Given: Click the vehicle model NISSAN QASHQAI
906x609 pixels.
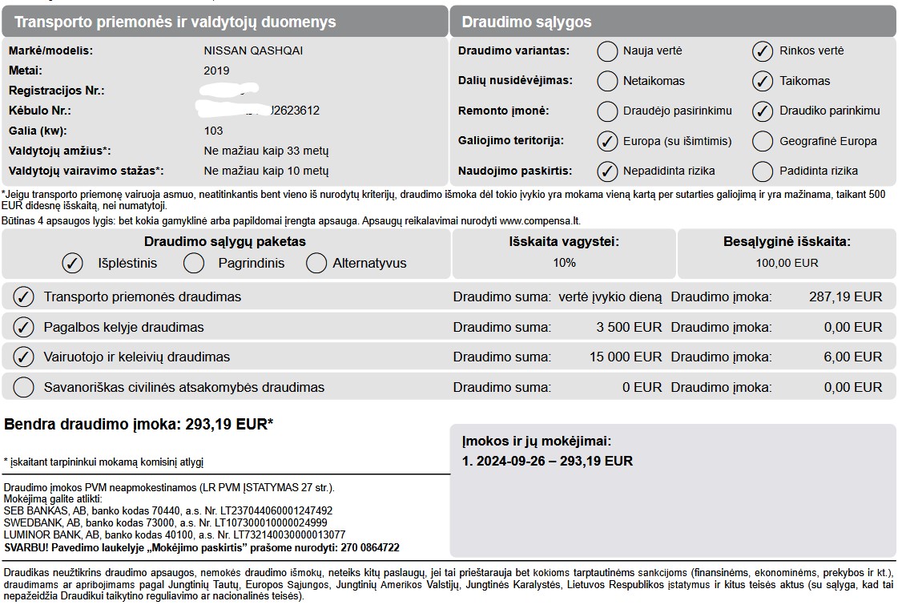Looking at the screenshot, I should tap(253, 50).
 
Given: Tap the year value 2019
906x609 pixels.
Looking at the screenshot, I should tap(216, 71).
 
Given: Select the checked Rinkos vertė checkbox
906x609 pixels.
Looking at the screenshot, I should tap(762, 51).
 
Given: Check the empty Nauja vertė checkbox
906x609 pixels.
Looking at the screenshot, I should tap(608, 51).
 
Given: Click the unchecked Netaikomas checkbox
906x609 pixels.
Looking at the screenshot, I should tap(608, 81).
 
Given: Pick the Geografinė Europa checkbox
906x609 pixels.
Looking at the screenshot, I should tap(762, 141).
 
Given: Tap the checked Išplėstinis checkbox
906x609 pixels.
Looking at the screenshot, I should tap(73, 263).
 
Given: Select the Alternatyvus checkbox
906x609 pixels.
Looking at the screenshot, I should tap(317, 263).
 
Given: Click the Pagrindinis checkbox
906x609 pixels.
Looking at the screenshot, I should tap(194, 263).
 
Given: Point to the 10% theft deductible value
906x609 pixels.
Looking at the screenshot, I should tap(564, 263).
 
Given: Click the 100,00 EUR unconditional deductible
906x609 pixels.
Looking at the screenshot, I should tap(787, 263).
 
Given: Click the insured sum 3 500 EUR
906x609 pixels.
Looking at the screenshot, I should tap(629, 327).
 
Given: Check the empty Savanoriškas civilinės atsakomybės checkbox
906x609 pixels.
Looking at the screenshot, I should tap(24, 388).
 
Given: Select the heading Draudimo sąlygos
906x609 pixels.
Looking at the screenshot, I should tap(525, 22).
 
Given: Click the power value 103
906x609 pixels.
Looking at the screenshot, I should tap(213, 131).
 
